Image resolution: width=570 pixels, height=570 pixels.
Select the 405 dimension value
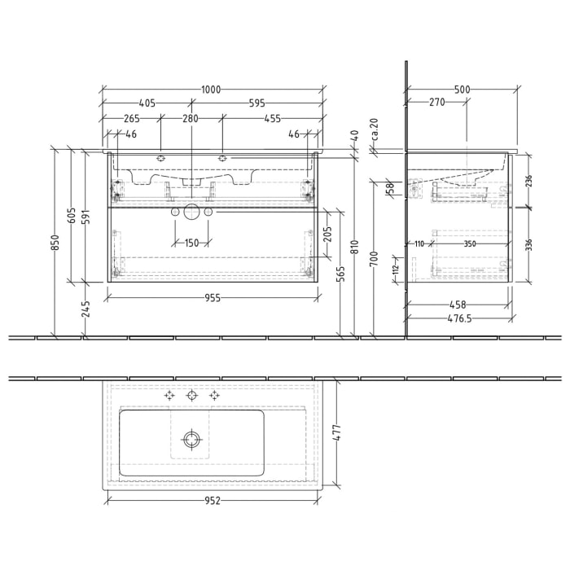pyautogui.click(x=147, y=103)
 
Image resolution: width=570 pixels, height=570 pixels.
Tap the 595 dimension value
pyautogui.click(x=258, y=103)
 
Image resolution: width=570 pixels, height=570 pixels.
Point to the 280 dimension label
pyautogui.click(x=190, y=119)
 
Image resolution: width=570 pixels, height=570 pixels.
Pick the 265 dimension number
pyautogui.click(x=132, y=119)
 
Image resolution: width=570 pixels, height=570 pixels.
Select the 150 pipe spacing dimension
pyautogui.click(x=191, y=243)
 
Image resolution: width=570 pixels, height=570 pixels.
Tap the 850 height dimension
pyautogui.click(x=55, y=243)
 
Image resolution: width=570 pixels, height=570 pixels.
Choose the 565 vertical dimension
pyautogui.click(x=340, y=274)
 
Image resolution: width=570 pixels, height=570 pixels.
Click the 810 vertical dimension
pyautogui.click(x=355, y=244)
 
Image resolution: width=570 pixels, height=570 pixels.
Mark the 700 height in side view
pyautogui.click(x=373, y=260)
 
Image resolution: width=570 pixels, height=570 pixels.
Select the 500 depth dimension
pyautogui.click(x=462, y=88)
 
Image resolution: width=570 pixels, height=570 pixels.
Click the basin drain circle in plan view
pyautogui.click(x=192, y=439)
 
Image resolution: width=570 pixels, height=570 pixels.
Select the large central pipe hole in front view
pyautogui.click(x=191, y=212)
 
